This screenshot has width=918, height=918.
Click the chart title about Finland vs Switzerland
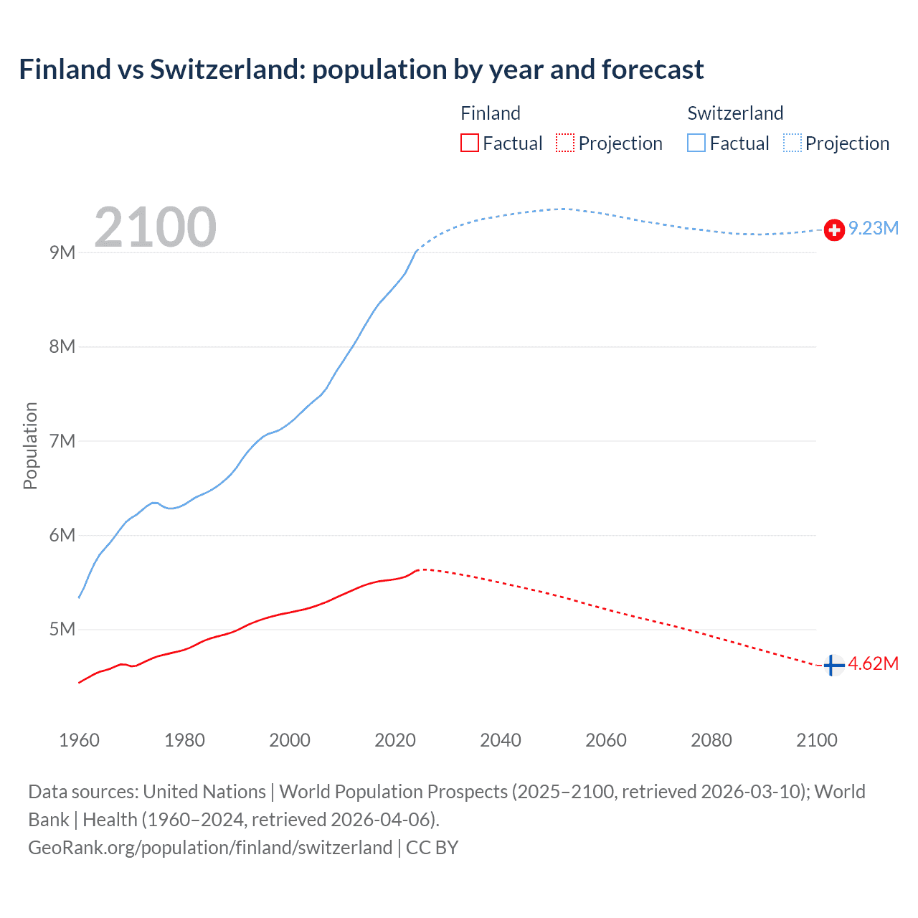pos(361,70)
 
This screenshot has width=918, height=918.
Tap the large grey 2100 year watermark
pos(155,227)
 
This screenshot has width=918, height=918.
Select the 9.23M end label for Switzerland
pos(874,228)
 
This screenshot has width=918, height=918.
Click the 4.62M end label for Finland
pos(873,663)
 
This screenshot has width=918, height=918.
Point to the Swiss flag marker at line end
pos(834,229)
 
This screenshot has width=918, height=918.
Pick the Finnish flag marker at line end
pos(833,666)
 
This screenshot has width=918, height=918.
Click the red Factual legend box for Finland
pos(469,143)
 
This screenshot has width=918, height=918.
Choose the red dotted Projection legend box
pos(565,143)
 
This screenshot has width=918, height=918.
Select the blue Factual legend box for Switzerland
pos(696,143)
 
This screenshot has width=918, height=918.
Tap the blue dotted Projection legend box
pos(792,143)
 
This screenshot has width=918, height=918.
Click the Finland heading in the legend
pos(491,113)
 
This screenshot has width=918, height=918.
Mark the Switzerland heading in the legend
pos(735,113)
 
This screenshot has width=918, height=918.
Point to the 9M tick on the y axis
pos(62,252)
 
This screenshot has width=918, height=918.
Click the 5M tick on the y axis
pos(62,629)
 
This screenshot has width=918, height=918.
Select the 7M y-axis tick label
pos(62,441)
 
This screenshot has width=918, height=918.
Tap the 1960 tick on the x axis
pos(79,740)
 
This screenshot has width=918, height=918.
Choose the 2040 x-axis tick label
pos(501,740)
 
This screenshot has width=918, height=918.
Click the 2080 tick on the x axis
pos(711,740)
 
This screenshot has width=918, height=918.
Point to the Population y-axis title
pos(30,445)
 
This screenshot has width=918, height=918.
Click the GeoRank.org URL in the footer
pos(210,848)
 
